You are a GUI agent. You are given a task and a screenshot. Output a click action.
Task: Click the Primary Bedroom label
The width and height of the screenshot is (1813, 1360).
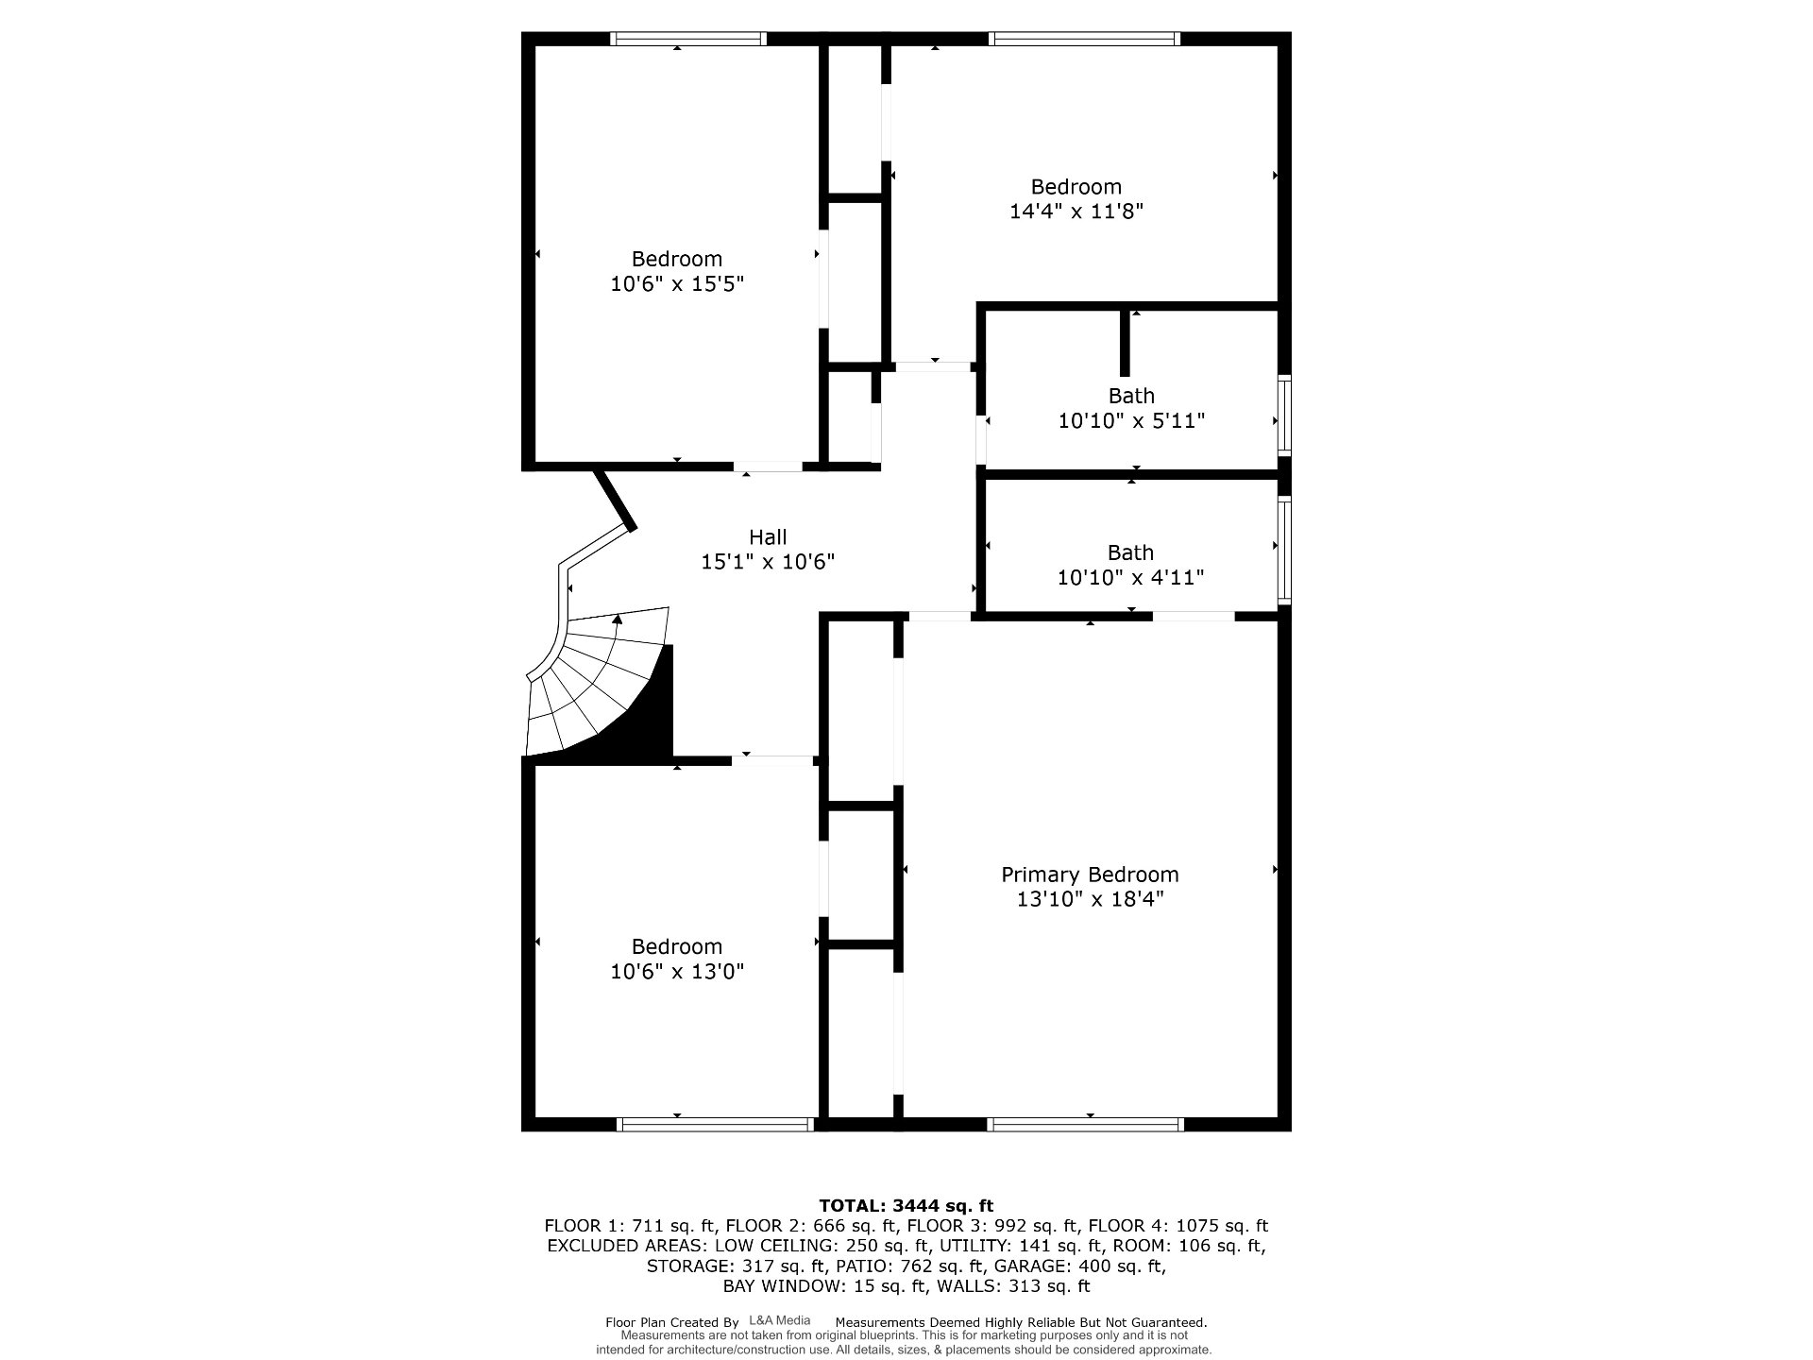tap(1090, 875)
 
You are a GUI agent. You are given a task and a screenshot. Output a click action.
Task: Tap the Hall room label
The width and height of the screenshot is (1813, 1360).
tap(768, 537)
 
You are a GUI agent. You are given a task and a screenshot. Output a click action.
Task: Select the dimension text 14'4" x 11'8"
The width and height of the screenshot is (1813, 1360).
tap(1076, 212)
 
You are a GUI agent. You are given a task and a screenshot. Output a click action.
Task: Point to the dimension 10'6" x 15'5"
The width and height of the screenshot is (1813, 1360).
tap(677, 283)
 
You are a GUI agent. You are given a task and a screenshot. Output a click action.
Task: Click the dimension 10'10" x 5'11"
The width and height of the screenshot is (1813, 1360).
tap(1131, 420)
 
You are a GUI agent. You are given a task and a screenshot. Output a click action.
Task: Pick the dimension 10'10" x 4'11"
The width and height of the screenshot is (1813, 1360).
tap(1130, 577)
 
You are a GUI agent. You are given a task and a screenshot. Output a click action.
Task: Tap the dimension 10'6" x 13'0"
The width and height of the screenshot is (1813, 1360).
tap(677, 971)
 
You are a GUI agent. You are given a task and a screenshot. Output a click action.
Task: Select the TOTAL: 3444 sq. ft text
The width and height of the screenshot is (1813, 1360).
tap(906, 1205)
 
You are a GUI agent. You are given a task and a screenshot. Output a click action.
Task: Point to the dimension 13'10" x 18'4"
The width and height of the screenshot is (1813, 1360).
tap(1090, 899)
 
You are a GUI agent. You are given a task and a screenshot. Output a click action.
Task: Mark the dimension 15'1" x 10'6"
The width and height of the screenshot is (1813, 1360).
tap(768, 562)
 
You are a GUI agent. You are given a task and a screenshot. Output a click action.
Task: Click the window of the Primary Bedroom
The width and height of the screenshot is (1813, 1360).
tap(1086, 1124)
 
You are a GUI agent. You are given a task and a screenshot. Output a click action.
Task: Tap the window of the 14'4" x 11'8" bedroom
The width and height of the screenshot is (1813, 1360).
tap(1084, 39)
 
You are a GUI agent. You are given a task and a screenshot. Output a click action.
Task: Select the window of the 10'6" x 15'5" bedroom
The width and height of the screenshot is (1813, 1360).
tap(687, 39)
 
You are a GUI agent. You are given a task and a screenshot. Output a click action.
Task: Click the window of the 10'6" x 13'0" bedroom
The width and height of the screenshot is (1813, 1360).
tap(715, 1124)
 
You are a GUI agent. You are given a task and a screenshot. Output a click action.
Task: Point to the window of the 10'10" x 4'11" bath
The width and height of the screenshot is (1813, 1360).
tap(1284, 549)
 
